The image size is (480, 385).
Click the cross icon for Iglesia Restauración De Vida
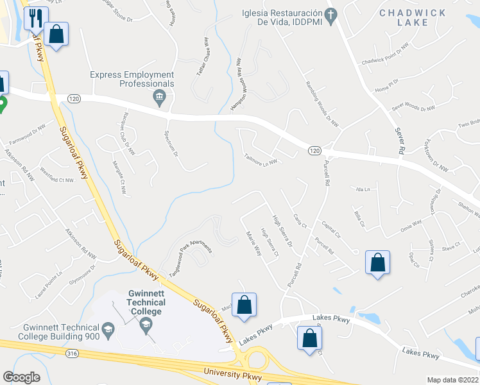click(331, 15)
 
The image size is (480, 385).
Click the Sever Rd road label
click(398, 139)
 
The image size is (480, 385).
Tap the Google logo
click(21, 377)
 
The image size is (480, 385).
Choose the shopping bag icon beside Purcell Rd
click(377, 262)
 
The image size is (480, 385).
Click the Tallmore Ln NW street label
click(260, 158)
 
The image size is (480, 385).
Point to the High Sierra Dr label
click(282, 230)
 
